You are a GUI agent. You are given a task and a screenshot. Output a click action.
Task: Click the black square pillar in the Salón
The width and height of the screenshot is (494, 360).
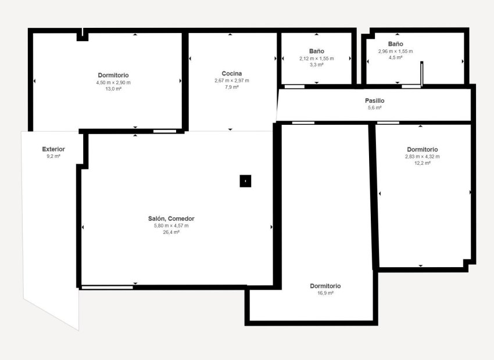click(245, 181)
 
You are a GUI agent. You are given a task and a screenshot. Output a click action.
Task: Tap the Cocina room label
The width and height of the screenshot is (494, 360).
click(231, 73)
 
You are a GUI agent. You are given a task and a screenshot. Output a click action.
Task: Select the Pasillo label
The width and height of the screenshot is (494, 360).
click(374, 100)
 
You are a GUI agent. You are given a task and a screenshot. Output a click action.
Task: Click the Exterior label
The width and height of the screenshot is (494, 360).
click(53, 149)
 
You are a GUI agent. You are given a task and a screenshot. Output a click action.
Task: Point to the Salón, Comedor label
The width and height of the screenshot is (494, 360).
click(171, 218)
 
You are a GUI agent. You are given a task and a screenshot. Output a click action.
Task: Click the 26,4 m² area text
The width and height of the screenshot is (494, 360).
click(171, 232)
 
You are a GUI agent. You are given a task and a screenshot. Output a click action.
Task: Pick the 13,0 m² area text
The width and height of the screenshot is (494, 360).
click(113, 89)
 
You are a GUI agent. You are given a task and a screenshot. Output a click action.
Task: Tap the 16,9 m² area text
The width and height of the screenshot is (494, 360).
click(325, 293)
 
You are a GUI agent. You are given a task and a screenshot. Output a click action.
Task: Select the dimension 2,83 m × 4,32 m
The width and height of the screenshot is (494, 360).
click(422, 156)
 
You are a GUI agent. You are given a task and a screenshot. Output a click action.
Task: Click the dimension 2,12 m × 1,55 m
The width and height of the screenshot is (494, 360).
click(317, 59)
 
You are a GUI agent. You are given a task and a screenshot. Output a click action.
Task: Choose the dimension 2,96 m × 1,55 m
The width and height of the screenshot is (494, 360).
click(395, 51)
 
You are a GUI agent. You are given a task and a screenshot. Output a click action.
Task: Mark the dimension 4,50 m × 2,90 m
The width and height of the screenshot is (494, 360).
click(113, 82)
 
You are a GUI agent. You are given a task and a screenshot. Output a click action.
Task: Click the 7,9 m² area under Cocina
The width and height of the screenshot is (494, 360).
click(231, 87)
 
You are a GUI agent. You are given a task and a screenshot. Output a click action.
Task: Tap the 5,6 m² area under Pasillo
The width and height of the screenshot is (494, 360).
click(374, 107)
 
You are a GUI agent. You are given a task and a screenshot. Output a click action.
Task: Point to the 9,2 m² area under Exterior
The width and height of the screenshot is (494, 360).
click(53, 156)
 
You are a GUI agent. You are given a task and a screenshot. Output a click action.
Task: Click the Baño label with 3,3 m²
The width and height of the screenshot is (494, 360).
click(317, 51)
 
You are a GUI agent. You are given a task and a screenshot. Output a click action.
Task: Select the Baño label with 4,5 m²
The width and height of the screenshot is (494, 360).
click(395, 44)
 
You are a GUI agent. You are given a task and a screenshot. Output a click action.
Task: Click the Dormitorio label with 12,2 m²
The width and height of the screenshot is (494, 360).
click(422, 149)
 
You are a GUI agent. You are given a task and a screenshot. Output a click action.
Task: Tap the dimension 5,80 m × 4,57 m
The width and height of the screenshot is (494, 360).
click(171, 225)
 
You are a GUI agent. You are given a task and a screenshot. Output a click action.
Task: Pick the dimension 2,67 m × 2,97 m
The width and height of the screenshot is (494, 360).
click(231, 80)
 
